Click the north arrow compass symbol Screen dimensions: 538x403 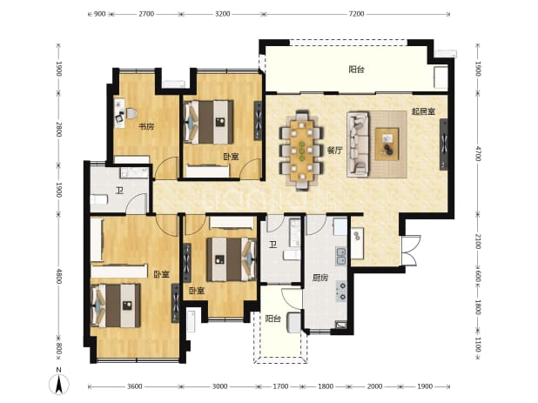pos(59,384)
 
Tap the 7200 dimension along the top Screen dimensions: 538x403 pos(356,14)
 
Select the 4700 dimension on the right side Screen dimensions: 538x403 pos(478,153)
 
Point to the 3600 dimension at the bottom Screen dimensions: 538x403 pos(134,386)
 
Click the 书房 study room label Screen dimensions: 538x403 pos(146,127)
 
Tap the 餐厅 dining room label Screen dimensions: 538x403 pos(334,151)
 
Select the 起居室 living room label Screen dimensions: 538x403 pos(424,111)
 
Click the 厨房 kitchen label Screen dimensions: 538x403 pos(320,278)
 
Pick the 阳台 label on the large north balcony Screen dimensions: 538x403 pos(357,70)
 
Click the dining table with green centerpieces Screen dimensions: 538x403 pos(301,151)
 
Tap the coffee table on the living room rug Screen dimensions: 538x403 pos(387,144)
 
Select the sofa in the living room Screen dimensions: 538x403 pos(358,144)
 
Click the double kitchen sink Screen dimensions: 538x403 pos(341,256)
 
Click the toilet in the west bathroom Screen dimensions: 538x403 pos(98,199)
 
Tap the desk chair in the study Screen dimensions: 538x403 pos(120,118)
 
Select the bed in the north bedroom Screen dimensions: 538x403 pos(209,122)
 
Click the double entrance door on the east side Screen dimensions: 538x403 pos(411,250)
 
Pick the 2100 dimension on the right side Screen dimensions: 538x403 pos(478,241)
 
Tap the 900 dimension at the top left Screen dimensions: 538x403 pos(99,14)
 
